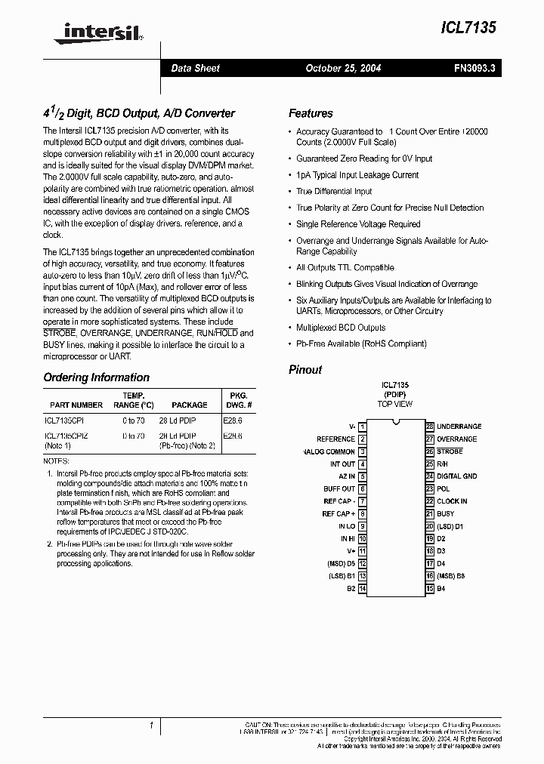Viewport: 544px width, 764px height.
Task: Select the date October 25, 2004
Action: (x=343, y=68)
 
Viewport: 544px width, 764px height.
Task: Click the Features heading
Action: (x=311, y=113)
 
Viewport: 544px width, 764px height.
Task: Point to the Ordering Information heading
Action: (x=96, y=377)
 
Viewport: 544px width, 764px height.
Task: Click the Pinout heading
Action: (x=305, y=370)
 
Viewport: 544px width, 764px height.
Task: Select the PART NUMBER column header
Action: (x=76, y=405)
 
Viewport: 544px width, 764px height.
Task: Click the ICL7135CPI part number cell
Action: (x=66, y=421)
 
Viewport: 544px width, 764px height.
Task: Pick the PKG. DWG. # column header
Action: (x=238, y=400)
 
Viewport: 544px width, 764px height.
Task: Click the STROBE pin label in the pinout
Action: (x=450, y=451)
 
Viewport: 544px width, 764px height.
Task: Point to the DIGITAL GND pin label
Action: (x=456, y=476)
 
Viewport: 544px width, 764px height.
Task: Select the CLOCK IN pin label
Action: (x=452, y=501)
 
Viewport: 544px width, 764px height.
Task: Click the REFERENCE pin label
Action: (x=335, y=439)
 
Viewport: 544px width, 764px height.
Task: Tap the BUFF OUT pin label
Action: (x=339, y=489)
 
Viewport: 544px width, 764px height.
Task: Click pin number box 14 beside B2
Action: (x=362, y=588)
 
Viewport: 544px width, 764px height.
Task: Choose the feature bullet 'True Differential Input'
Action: (x=334, y=192)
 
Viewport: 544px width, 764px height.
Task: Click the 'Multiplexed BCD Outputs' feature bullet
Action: (x=340, y=328)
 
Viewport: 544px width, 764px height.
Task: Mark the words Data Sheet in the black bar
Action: (x=195, y=68)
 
